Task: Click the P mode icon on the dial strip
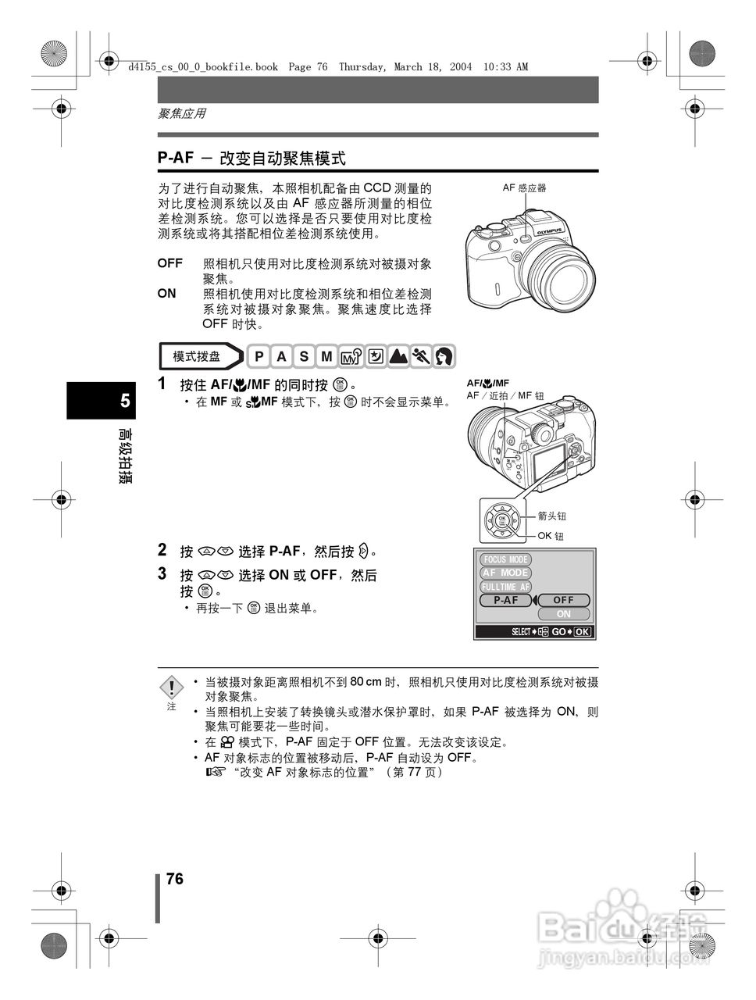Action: click(259, 356)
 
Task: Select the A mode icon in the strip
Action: click(281, 356)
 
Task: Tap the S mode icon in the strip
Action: click(304, 356)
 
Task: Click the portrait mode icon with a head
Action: click(444, 356)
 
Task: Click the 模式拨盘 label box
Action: click(198, 356)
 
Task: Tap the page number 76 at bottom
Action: click(175, 879)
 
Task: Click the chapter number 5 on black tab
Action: click(125, 402)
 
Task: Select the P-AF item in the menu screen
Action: click(506, 600)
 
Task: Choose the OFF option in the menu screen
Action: click(563, 600)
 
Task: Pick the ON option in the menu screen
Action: click(563, 614)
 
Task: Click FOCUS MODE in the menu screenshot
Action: click(506, 559)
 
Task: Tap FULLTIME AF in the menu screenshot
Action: click(506, 587)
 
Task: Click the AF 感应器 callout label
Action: click(524, 187)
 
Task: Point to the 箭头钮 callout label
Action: click(552, 516)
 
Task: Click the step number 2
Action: click(162, 550)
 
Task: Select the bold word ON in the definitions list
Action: click(166, 294)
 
